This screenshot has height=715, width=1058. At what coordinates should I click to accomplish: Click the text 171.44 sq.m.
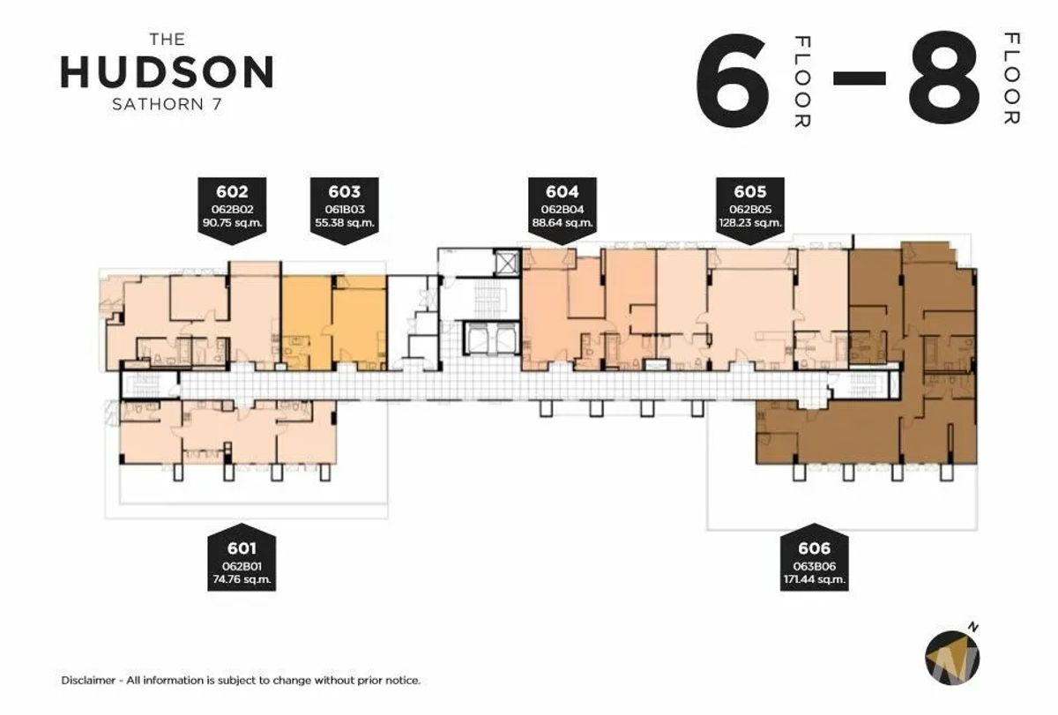pyautogui.click(x=815, y=579)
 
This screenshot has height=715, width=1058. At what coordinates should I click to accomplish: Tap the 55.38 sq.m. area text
pyautogui.click(x=345, y=222)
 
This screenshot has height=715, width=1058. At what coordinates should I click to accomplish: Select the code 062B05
pyautogui.click(x=750, y=209)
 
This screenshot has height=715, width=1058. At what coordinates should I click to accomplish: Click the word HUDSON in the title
pyautogui.click(x=167, y=71)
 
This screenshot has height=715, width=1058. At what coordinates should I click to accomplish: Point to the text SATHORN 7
pyautogui.click(x=167, y=104)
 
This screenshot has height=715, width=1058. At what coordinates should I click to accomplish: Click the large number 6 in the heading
pyautogui.click(x=732, y=80)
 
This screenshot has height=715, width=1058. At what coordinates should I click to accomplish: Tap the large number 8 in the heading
pyautogui.click(x=944, y=78)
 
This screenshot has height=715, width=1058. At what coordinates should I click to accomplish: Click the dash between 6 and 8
pyautogui.click(x=859, y=78)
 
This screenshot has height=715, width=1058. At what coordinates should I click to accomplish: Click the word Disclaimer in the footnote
pyautogui.click(x=88, y=681)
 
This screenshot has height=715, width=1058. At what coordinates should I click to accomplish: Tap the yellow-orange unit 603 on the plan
pyautogui.click(x=334, y=323)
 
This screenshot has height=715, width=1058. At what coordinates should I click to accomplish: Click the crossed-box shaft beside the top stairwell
pyautogui.click(x=507, y=262)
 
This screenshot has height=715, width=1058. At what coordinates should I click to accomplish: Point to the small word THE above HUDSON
pyautogui.click(x=168, y=39)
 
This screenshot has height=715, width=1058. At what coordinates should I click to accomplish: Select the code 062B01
pyautogui.click(x=242, y=566)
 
